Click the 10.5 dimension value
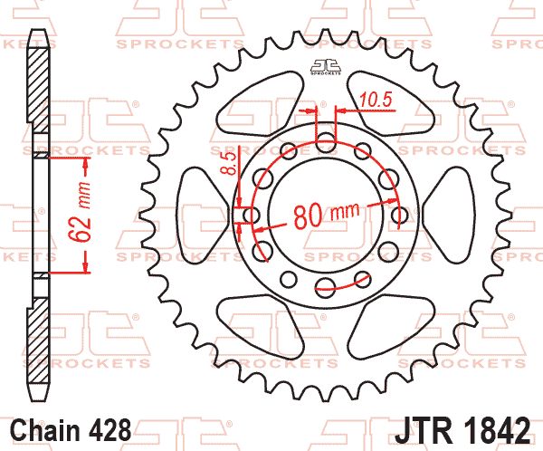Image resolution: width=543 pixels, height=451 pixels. [376, 100]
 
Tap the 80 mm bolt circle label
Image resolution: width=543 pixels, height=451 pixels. [327, 215]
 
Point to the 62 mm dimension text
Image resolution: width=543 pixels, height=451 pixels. [80, 212]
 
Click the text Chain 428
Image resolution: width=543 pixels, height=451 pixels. [71, 430]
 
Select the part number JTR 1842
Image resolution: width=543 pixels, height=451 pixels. [462, 430]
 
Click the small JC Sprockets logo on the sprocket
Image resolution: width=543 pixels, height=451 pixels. [326, 67]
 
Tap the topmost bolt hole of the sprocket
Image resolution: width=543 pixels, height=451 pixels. [326, 142]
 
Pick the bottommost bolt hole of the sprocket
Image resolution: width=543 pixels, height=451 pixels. [326, 288]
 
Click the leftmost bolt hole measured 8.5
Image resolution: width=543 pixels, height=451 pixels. [252, 215]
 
